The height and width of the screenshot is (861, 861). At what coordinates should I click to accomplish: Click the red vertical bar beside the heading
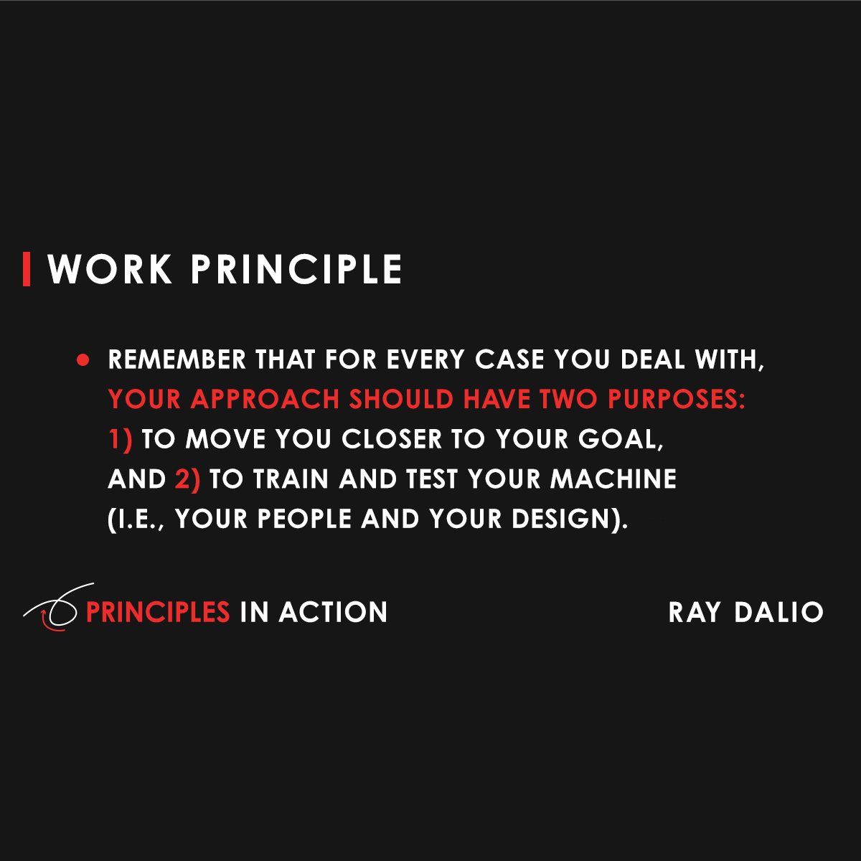pos(27,269)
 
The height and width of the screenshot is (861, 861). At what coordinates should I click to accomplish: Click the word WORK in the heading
pos(110,269)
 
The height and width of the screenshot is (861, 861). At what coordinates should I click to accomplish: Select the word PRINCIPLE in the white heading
pos(296,269)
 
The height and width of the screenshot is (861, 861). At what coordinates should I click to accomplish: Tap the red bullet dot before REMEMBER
pos(83,359)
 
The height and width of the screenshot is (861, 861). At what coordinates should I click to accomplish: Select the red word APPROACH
pos(265,400)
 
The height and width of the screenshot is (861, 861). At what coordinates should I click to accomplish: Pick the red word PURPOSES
pos(676,400)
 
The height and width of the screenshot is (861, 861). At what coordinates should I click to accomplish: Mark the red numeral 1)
pos(121,439)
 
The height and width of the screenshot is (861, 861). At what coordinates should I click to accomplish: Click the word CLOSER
pos(392,439)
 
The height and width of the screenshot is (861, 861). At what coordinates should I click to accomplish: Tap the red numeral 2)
pos(187,479)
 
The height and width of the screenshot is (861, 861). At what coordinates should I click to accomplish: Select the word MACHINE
pos(613,479)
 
